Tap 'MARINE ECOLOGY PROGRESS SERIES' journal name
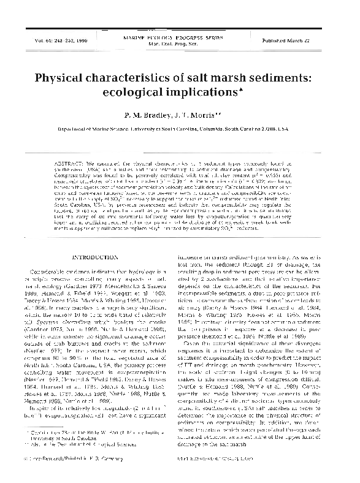[x=180, y=37]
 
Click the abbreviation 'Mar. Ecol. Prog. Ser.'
[x=180, y=44]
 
